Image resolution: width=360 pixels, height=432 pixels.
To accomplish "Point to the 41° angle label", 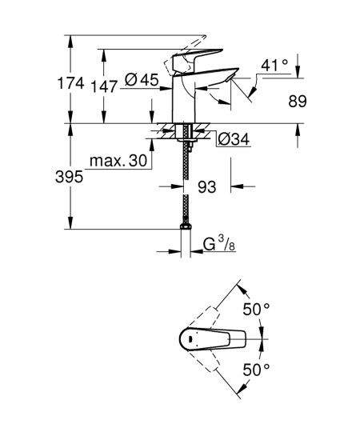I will [x=274, y=65].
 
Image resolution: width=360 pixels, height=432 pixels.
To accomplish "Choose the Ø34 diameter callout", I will [x=234, y=140].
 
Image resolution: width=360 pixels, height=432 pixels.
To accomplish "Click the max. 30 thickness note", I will [x=118, y=162].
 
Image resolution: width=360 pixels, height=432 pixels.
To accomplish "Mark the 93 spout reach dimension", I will [x=207, y=186].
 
